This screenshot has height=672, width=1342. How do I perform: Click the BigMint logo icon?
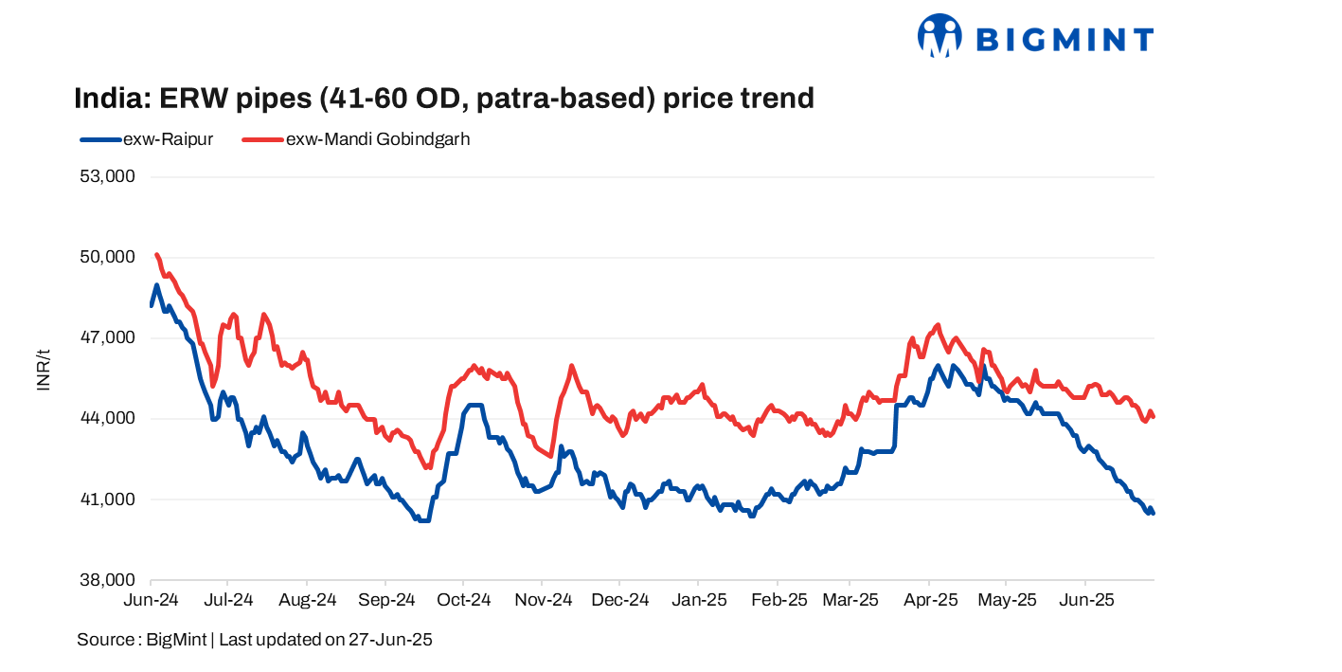click(939, 36)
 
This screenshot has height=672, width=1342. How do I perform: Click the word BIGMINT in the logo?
click(1064, 40)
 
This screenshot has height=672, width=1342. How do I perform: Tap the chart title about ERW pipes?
click(444, 98)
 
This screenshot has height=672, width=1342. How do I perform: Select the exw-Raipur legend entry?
click(148, 139)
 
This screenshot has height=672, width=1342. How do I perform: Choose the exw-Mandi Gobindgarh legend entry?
click(357, 139)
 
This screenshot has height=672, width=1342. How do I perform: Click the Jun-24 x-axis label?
click(151, 600)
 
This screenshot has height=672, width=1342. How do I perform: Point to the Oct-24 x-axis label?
click(463, 600)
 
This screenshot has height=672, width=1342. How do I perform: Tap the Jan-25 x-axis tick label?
click(699, 600)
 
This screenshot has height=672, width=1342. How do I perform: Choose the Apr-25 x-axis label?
click(930, 600)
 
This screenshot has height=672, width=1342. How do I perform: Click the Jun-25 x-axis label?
click(1085, 600)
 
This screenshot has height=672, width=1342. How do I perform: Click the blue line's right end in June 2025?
click(1153, 513)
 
